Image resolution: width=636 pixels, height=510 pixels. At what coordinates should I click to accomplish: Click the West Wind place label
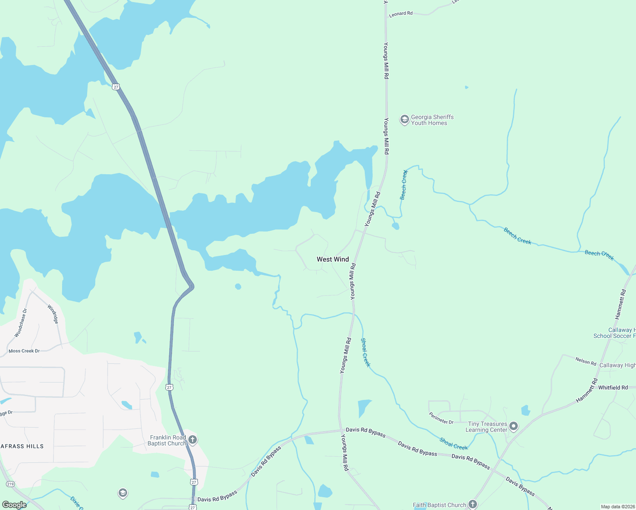tap(332, 259)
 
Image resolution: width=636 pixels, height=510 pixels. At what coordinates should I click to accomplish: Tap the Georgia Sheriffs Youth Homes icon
tap(404, 120)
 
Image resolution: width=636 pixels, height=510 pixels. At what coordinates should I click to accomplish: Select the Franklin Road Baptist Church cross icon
tap(193, 440)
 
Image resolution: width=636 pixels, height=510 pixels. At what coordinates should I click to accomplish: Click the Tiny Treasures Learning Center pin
tap(514, 426)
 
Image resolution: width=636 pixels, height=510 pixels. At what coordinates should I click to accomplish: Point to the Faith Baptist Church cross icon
tap(472, 504)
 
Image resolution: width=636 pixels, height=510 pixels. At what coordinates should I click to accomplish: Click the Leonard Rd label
tap(400, 14)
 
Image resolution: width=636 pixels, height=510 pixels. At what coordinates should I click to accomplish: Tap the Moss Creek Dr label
tap(24, 351)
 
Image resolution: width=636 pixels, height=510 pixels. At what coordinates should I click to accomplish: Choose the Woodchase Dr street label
tap(20, 323)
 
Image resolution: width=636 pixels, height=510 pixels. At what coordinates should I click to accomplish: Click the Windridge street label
tap(52, 314)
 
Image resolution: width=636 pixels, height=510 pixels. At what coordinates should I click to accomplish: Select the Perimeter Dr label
tap(441, 418)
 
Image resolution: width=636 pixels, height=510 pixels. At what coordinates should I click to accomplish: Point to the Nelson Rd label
tap(586, 361)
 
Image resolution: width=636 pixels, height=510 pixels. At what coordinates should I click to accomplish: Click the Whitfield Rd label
tap(613, 388)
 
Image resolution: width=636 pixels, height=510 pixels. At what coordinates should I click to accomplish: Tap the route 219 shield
tap(11, 484)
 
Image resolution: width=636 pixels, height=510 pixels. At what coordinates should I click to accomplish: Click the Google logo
tap(14, 505)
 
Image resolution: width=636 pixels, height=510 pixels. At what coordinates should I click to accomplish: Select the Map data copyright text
tap(616, 507)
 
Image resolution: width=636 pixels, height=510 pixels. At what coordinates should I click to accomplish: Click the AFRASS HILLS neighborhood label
tap(22, 446)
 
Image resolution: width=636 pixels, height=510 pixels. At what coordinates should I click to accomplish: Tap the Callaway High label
tap(617, 365)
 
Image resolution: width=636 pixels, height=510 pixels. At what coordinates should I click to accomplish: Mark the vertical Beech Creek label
tap(404, 185)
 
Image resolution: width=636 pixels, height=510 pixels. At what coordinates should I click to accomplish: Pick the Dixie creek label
tap(77, 503)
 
